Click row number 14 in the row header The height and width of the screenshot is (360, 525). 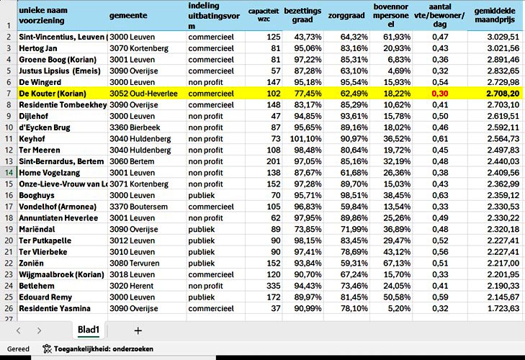click(x=7, y=172)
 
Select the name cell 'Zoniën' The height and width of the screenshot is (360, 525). click(x=32, y=263)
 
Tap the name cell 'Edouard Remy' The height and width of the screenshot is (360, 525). click(x=45, y=297)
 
